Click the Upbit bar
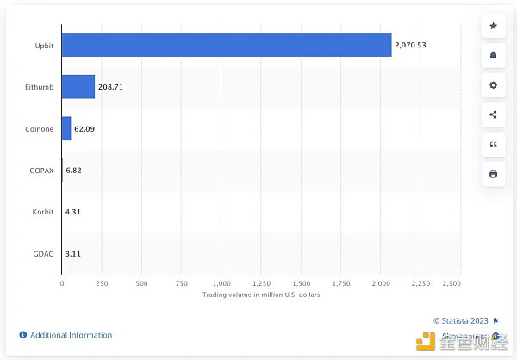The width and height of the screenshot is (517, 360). click(227, 44)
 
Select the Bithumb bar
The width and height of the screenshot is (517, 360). click(78, 86)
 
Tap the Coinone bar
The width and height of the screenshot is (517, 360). click(66, 128)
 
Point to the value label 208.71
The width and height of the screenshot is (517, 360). click(111, 87)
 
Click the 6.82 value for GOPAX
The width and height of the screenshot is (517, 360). click(74, 171)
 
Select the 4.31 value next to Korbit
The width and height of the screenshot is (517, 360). click(74, 212)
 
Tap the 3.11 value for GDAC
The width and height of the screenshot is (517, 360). click(74, 254)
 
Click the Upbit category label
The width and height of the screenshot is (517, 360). click(44, 44)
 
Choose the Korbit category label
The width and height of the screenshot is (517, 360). click(43, 212)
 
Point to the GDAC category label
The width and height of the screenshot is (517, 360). click(43, 254)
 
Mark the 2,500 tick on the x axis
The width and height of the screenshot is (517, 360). click(452, 282)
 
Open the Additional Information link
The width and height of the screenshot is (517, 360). click(71, 335)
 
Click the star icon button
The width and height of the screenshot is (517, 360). click(493, 27)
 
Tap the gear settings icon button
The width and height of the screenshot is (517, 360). click(493, 85)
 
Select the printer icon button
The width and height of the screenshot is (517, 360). click(493, 174)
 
